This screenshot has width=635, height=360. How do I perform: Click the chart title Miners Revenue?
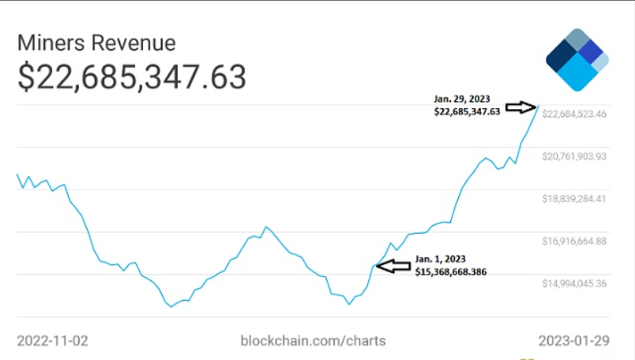click(x=96, y=43)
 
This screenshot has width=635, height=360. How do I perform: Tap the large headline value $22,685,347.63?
click(x=131, y=77)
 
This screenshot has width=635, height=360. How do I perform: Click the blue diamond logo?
click(x=577, y=60)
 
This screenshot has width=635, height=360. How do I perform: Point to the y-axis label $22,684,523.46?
click(x=574, y=114)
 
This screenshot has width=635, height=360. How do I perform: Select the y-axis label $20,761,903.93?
click(x=574, y=156)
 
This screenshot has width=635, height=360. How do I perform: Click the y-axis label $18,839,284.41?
click(x=574, y=199)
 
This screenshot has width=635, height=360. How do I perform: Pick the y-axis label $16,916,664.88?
click(x=574, y=241)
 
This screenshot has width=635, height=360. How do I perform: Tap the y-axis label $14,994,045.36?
click(x=574, y=283)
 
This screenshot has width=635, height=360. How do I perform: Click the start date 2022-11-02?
click(x=52, y=340)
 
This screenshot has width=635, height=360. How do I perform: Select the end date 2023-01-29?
click(x=574, y=340)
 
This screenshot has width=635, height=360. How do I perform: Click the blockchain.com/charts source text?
click(x=313, y=340)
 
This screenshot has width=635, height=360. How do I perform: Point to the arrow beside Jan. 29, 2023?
click(x=521, y=106)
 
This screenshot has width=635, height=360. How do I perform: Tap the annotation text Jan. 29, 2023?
click(x=462, y=99)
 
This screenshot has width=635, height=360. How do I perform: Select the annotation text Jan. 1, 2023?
click(x=440, y=259)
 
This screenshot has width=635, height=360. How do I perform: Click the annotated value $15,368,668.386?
click(x=450, y=272)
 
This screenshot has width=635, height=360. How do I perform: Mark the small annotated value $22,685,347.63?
click(x=467, y=112)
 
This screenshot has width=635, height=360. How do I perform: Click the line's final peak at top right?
click(x=539, y=105)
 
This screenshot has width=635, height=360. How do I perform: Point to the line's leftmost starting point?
click(x=17, y=174)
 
